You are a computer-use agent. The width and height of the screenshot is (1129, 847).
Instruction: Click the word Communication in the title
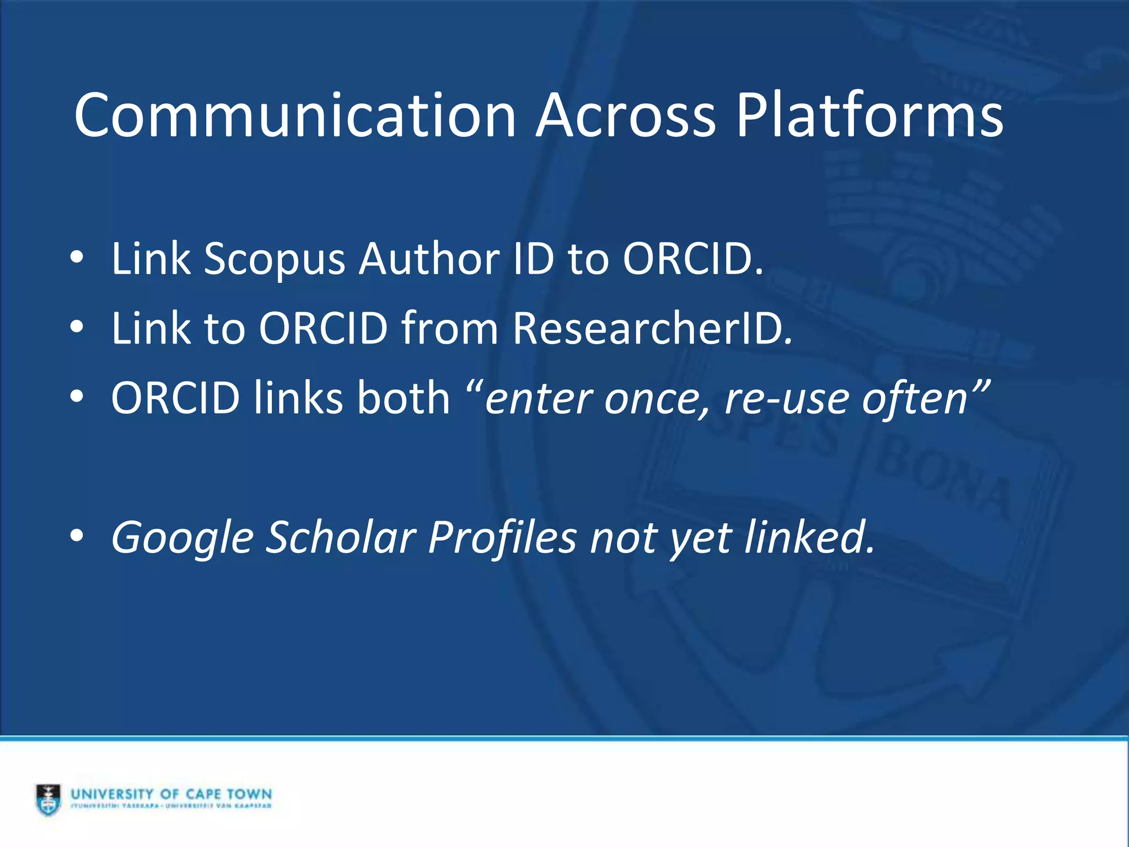click(x=295, y=116)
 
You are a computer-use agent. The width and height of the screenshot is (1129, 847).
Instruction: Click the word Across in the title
click(x=626, y=116)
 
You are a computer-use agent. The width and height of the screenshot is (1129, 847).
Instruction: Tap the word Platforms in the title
click(x=869, y=116)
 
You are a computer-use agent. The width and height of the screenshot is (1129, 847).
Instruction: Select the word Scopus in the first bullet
click(x=274, y=259)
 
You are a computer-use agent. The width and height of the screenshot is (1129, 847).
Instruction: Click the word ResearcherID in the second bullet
click(x=652, y=328)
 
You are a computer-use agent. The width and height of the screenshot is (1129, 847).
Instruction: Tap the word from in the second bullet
click(x=450, y=328)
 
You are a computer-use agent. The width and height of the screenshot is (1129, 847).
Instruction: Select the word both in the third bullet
click(x=404, y=398)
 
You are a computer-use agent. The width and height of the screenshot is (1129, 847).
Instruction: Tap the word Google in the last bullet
click(x=181, y=538)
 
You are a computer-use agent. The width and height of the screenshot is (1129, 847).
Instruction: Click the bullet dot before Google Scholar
click(x=77, y=535)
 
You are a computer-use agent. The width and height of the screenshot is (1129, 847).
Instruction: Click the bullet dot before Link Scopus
click(x=77, y=258)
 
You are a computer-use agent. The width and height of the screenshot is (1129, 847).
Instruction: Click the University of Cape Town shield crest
click(x=49, y=799)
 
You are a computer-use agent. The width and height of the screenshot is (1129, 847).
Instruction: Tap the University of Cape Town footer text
click(x=171, y=795)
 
